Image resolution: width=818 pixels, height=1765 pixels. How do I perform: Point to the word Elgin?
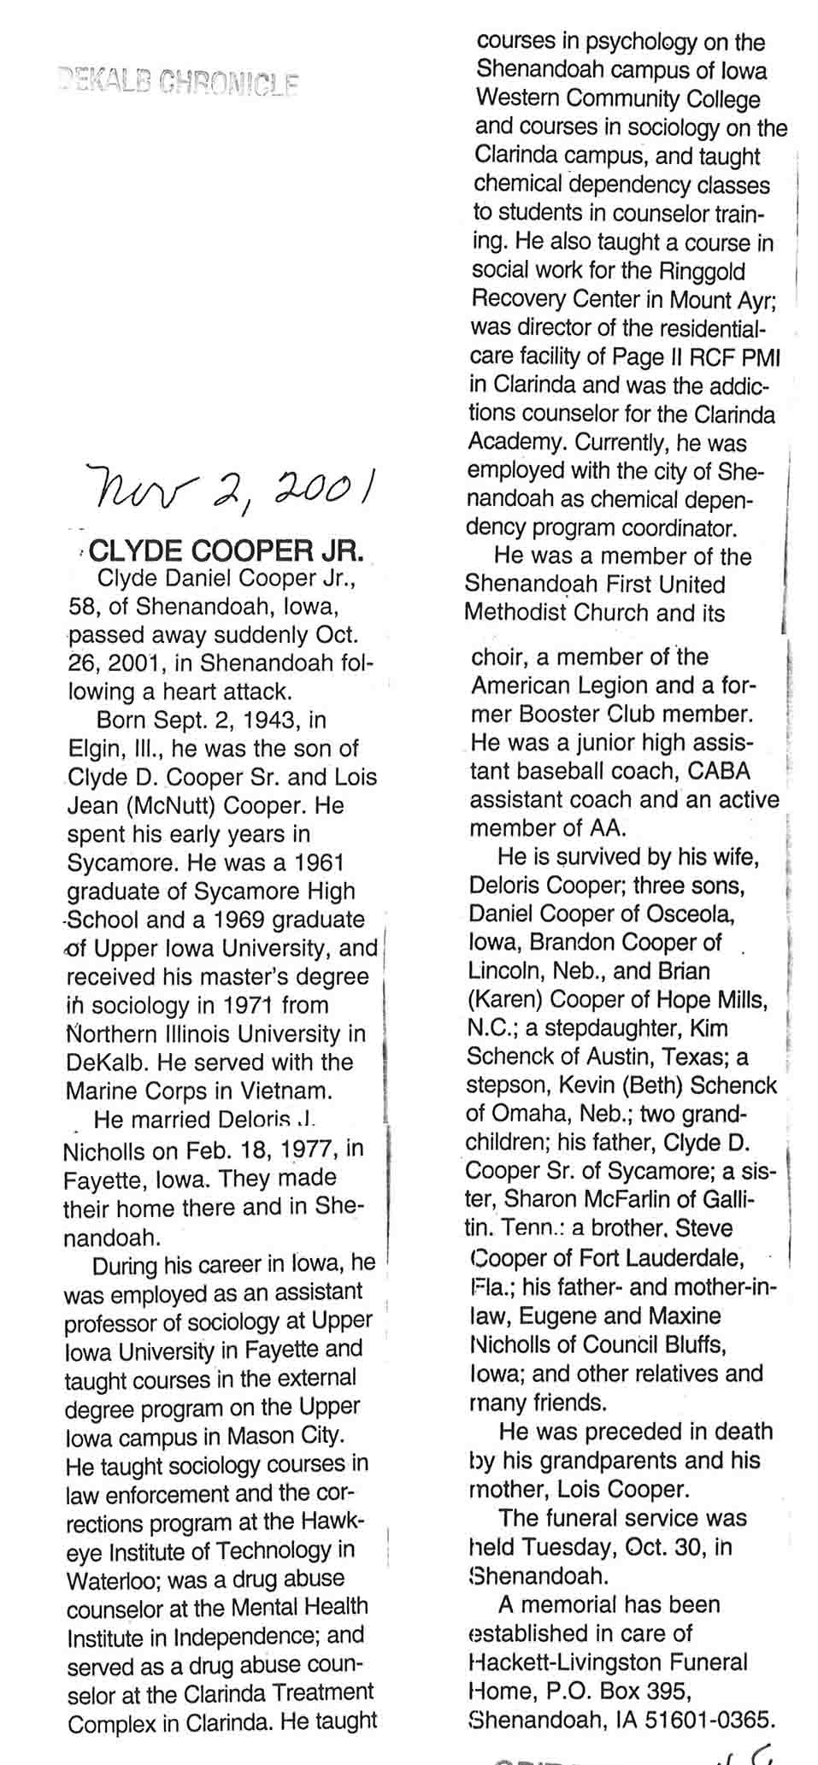[94, 750]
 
